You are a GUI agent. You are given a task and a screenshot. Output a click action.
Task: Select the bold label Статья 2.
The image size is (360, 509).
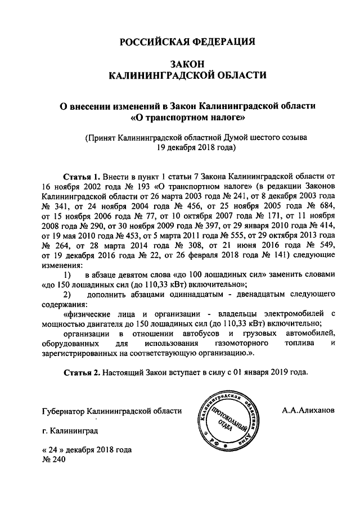pyautogui.click(x=82, y=372)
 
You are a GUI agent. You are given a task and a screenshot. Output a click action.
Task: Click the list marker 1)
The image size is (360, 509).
pyautogui.click(x=67, y=275)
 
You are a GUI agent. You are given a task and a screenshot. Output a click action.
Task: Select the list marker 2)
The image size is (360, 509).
pyautogui.click(x=67, y=295)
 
